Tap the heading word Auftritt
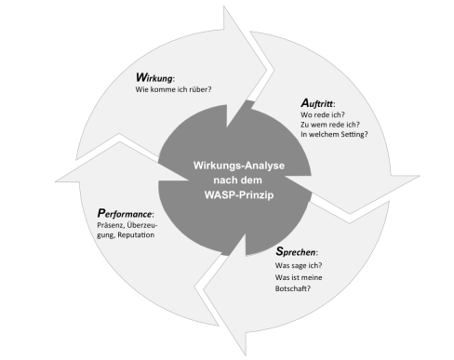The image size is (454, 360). pyautogui.click(x=319, y=103)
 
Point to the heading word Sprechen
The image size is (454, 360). pyautogui.click(x=297, y=251)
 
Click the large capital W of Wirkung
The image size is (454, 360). pyautogui.click(x=141, y=78)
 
